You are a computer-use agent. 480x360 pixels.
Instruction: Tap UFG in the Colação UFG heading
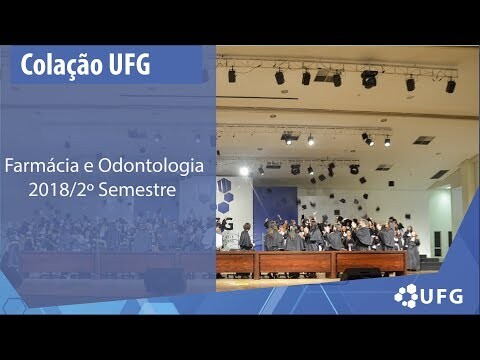[x=130, y=64]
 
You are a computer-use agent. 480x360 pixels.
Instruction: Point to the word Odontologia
[x=151, y=166]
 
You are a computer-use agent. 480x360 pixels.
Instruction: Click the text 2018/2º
[x=61, y=189]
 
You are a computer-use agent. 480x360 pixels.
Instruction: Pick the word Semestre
[x=137, y=189]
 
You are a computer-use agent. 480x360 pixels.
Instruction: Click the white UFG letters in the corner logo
[x=441, y=296]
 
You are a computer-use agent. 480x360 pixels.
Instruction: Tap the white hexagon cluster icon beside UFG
[x=406, y=296]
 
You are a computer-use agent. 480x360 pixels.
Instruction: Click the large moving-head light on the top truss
[x=369, y=79]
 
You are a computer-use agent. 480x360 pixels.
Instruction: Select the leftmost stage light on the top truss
[x=232, y=75]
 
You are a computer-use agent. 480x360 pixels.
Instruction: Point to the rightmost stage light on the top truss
[x=451, y=86]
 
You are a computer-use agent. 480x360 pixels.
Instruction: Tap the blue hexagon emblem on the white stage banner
[x=225, y=195]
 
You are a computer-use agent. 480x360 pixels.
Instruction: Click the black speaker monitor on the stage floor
[x=361, y=274]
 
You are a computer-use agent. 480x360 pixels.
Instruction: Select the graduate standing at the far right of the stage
[x=413, y=251]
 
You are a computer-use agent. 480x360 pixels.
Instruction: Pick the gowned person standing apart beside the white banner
[x=246, y=237]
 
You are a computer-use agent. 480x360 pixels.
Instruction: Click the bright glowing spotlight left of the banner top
[x=244, y=171]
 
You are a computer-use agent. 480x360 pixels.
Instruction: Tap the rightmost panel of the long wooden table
[x=371, y=263]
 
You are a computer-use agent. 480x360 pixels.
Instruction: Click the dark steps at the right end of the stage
[x=430, y=263]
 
